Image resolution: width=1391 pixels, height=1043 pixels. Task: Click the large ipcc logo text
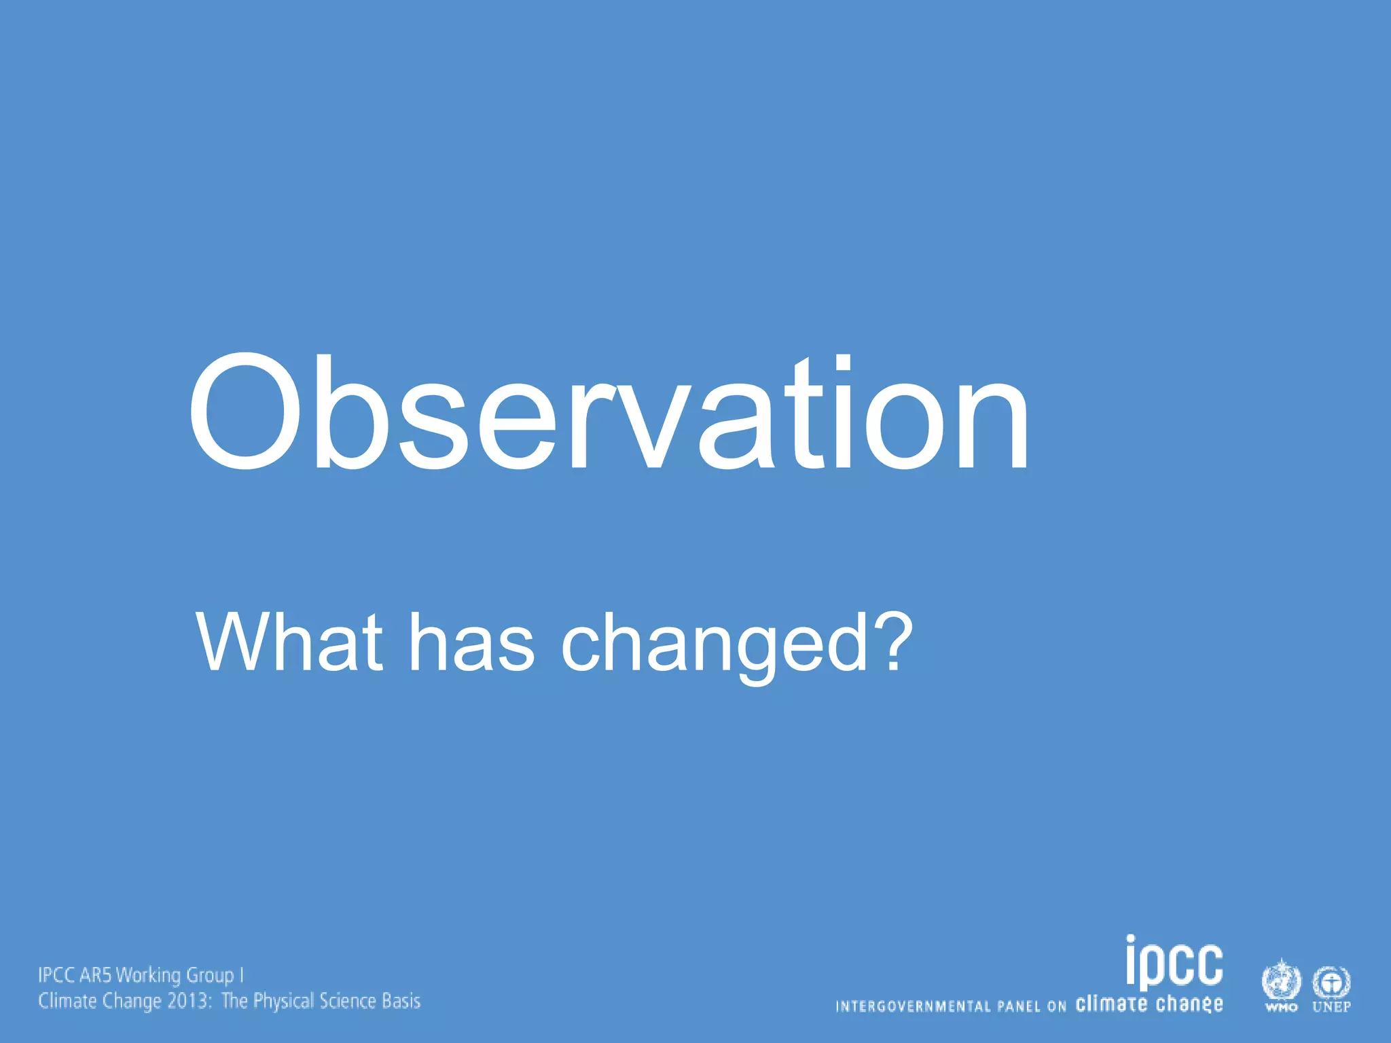point(1174,963)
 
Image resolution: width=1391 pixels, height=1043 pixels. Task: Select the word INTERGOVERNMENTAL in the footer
point(913,1006)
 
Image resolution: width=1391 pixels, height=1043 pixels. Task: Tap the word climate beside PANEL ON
point(1111,1004)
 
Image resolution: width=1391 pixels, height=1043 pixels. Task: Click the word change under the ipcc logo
point(1189,1004)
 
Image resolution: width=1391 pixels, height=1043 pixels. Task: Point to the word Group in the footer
point(210,976)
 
